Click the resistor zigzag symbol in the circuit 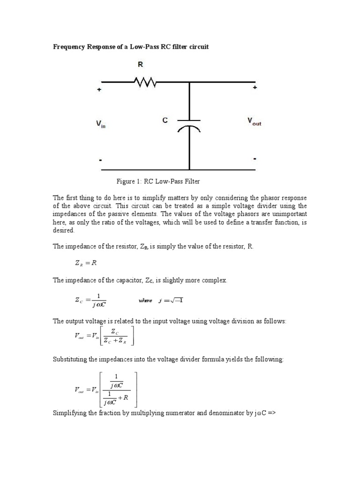tap(146, 83)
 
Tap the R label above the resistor tap(140, 66)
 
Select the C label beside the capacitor tap(165, 120)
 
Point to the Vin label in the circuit tap(101, 124)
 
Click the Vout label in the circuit tap(254, 121)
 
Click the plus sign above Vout tap(255, 87)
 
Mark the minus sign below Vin tap(100, 160)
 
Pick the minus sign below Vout tap(255, 159)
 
